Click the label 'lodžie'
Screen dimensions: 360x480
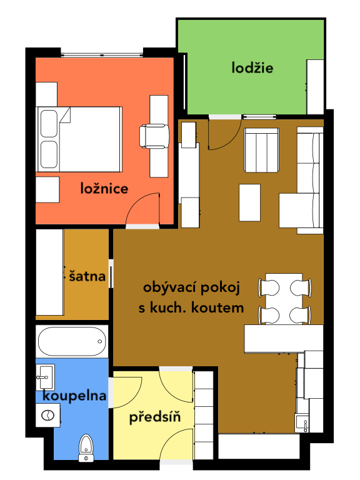(x=252, y=67)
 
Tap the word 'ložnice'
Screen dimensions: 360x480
(x=104, y=188)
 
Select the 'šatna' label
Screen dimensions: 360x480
(x=87, y=276)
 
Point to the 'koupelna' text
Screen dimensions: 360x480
(x=74, y=396)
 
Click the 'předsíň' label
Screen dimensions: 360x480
(x=155, y=417)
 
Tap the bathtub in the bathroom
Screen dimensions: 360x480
(x=72, y=341)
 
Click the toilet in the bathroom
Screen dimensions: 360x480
(x=86, y=447)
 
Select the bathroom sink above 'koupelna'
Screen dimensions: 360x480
(x=45, y=377)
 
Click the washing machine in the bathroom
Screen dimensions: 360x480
(x=47, y=416)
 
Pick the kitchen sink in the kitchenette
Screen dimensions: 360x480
(x=302, y=423)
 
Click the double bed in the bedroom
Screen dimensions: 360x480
(x=79, y=139)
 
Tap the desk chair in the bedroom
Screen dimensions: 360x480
(x=154, y=136)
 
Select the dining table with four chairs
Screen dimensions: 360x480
(x=285, y=299)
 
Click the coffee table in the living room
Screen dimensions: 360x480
(x=249, y=202)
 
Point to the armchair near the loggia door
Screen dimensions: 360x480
(x=261, y=150)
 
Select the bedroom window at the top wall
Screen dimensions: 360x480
(x=102, y=55)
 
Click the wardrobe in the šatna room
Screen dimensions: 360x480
(x=49, y=272)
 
